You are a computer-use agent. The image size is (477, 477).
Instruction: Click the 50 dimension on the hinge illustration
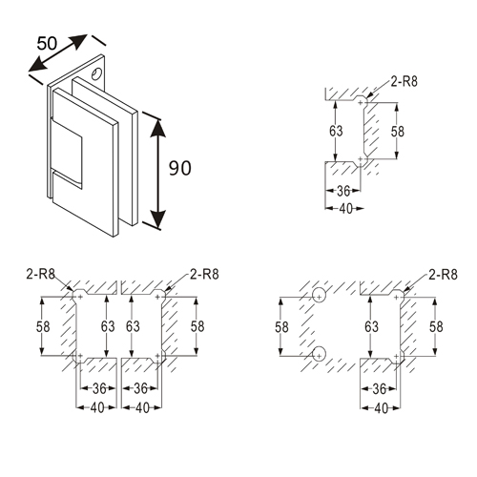point(49,45)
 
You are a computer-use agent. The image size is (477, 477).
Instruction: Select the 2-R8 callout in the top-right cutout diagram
point(405,84)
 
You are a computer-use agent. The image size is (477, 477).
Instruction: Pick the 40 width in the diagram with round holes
point(382,407)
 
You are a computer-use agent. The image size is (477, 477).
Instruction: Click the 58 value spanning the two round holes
point(282,326)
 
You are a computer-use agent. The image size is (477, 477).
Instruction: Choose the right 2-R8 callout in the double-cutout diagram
point(206,275)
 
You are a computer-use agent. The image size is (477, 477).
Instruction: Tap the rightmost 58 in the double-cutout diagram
point(197,326)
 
